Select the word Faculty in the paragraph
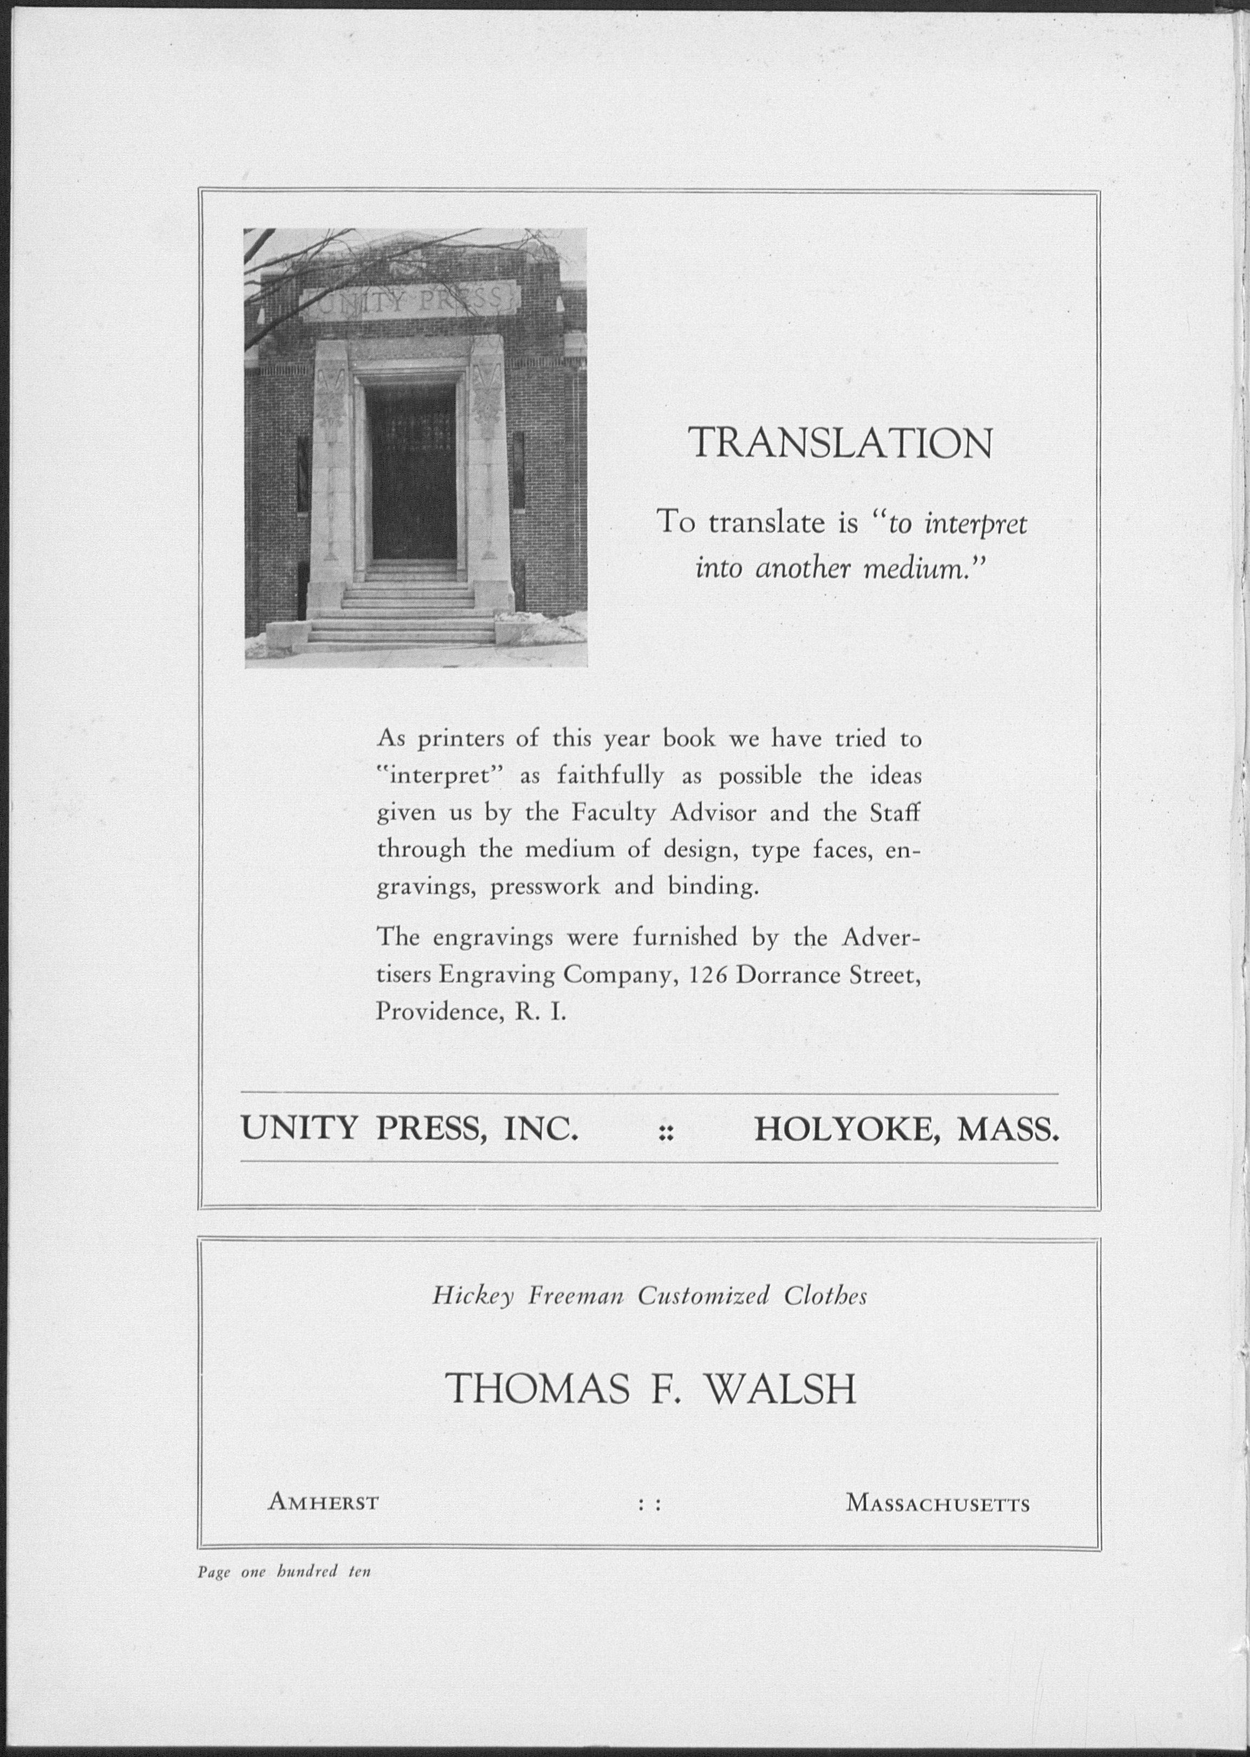613,813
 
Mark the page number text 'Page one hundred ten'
284,1572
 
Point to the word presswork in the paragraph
544,887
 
